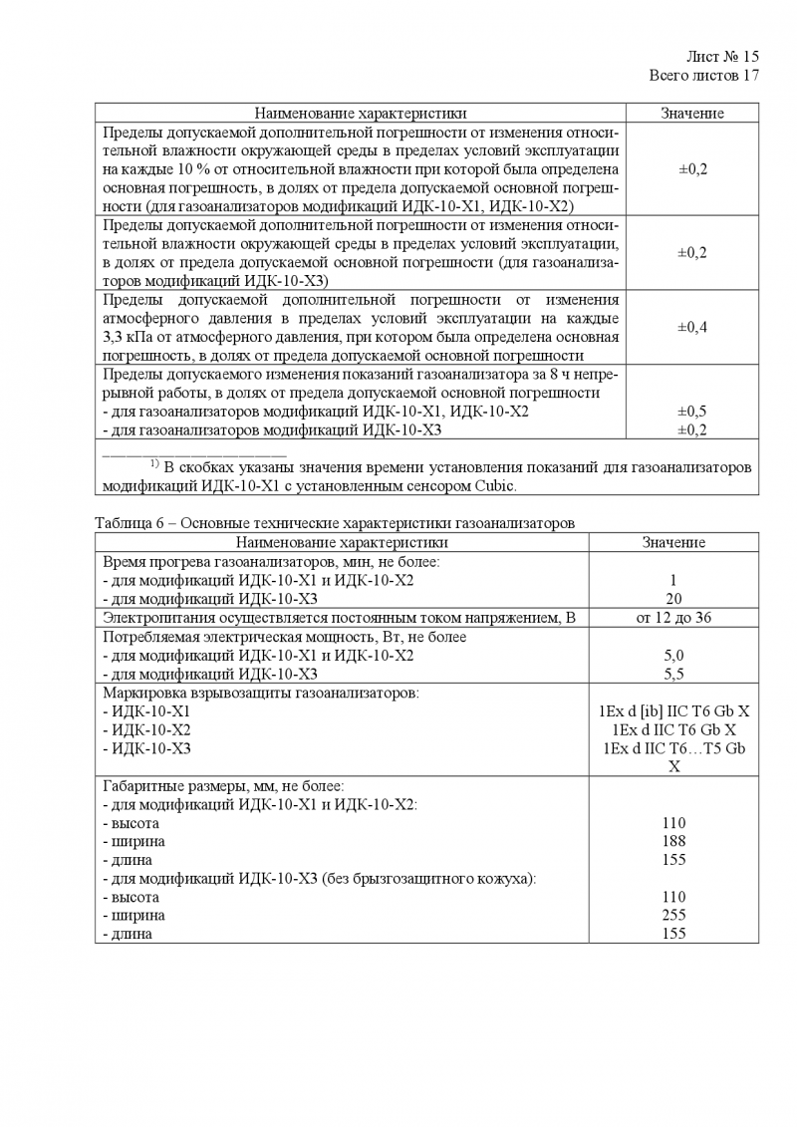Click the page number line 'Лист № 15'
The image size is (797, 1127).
(723, 57)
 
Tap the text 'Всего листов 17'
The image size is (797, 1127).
(703, 75)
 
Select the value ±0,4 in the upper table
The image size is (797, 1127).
(692, 327)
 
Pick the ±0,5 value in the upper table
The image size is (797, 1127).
(692, 412)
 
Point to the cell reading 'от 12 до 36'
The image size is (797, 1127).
(673, 618)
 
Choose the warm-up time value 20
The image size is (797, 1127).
(673, 599)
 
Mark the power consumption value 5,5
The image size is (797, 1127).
(673, 674)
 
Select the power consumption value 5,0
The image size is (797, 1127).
(673, 656)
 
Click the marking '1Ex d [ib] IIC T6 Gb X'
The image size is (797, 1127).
(673, 711)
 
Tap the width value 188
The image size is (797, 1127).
(673, 841)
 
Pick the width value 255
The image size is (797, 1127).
(673, 915)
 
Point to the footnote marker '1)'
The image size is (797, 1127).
(155, 464)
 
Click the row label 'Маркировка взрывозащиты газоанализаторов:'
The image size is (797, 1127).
(262, 693)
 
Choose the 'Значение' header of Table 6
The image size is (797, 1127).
(673, 542)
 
